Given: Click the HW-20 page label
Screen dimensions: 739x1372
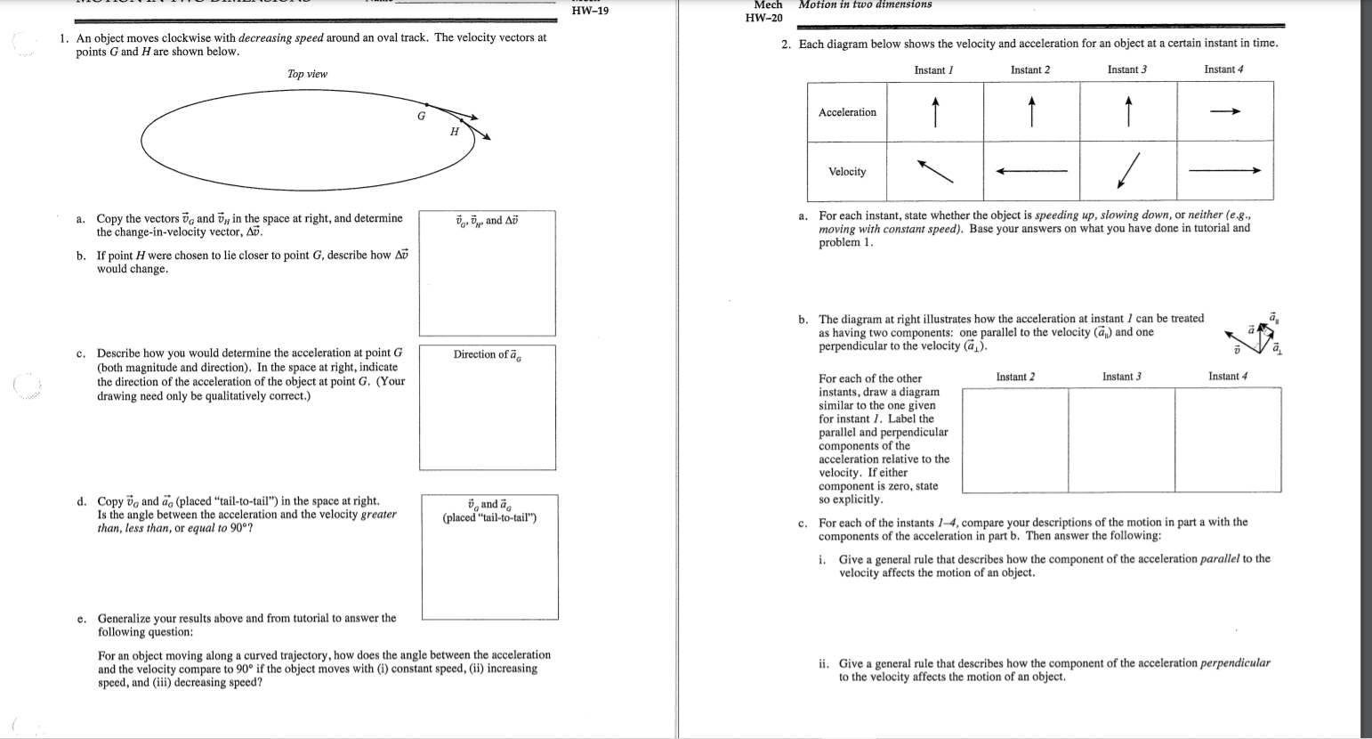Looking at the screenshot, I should tap(763, 18).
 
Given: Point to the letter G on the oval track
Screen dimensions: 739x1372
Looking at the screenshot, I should tap(422, 116).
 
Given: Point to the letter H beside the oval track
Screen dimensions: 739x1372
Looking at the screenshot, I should tap(454, 132).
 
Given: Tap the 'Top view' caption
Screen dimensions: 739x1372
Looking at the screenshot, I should tap(307, 74).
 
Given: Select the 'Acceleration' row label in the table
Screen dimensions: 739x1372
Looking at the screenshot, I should tap(847, 112).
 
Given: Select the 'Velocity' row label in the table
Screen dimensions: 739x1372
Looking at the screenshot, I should tap(847, 172).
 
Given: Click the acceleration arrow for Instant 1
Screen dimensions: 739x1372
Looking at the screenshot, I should tap(934, 112).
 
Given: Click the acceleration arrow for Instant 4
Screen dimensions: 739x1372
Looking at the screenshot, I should tap(1224, 112).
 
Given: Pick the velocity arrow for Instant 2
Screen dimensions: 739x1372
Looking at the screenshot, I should tap(1031, 172).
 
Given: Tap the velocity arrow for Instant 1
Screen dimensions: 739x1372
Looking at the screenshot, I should tap(935, 171).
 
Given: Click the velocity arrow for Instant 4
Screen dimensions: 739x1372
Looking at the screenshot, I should tap(1225, 172).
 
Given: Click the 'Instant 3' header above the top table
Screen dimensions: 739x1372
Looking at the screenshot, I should tap(1126, 69).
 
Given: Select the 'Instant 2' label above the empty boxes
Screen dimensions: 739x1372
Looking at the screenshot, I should tap(1015, 377).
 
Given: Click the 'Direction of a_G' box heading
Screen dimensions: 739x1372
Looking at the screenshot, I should tap(488, 354).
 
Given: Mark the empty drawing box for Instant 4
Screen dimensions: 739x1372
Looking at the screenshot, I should tap(1228, 440).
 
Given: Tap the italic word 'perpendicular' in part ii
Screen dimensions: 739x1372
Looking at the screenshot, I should tap(1235, 663).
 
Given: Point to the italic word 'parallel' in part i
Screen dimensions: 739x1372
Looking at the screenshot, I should tap(1220, 559).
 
